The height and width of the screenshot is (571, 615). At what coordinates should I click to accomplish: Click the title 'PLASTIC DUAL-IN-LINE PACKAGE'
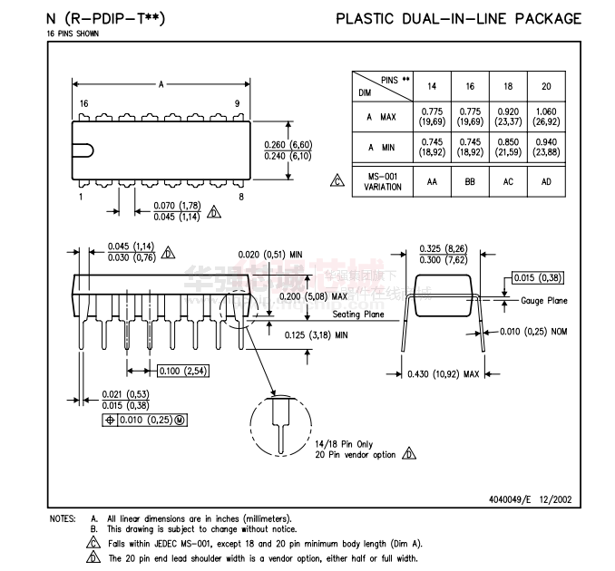click(x=458, y=18)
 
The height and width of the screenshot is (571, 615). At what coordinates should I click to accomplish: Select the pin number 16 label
click(x=83, y=104)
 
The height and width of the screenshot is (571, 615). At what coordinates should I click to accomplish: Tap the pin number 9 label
click(x=237, y=104)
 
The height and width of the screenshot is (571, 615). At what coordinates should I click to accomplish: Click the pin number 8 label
click(x=240, y=197)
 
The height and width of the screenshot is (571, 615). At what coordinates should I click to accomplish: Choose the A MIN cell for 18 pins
click(x=507, y=148)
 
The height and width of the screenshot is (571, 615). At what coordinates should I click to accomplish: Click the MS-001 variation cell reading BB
click(x=470, y=181)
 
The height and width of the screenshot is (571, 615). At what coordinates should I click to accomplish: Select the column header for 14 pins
click(x=432, y=86)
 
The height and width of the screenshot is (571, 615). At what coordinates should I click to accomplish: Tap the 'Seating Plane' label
click(x=358, y=315)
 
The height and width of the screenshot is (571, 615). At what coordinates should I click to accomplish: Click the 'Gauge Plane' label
click(x=544, y=300)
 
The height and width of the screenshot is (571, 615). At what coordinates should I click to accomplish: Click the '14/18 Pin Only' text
click(x=345, y=443)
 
